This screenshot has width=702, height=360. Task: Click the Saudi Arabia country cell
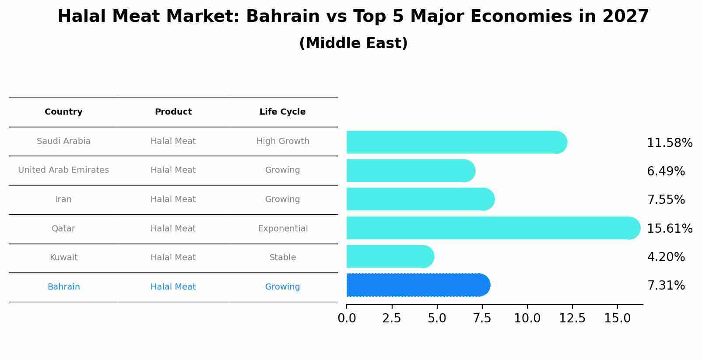point(63,141)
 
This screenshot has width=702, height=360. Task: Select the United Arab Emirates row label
point(63,170)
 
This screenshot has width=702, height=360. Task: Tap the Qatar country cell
point(63,229)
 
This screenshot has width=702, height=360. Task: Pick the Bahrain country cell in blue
point(63,287)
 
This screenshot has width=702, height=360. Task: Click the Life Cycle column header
point(282,112)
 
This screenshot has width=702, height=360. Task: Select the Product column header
point(173,112)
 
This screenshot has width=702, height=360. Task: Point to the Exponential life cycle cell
point(283,229)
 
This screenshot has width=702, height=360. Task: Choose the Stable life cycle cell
point(283,258)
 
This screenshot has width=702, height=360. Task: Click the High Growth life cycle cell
point(283,141)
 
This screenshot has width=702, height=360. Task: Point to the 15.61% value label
point(670,229)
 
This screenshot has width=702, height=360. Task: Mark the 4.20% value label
point(666,257)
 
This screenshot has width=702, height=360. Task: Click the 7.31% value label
point(666,286)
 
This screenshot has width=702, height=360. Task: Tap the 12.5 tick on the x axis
point(572,318)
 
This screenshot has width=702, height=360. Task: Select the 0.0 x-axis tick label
point(347,318)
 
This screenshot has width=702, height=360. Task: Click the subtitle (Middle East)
point(353,43)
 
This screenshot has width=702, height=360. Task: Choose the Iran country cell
point(63,199)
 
